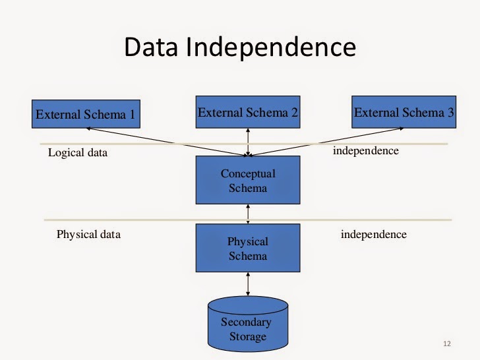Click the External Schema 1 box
coord(86,114)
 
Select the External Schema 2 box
coord(248,112)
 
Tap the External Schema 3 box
coord(404,112)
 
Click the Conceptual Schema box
coord(248,180)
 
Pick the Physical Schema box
coord(248,248)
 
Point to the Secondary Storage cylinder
coord(248,324)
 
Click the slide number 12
coord(447,344)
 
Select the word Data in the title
coord(151,47)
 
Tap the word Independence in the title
coord(271,47)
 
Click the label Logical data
coord(78,152)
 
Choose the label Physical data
coord(88,234)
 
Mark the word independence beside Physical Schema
coord(374,234)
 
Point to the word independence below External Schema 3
coord(366,150)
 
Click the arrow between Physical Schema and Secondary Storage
coord(248,284)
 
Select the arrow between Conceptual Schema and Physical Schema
coord(248,214)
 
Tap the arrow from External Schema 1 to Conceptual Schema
coord(167,142)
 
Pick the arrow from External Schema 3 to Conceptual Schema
coord(326,142)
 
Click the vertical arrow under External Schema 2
coord(248,142)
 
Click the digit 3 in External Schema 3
coord(450,112)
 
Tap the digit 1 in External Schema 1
coord(133,114)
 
